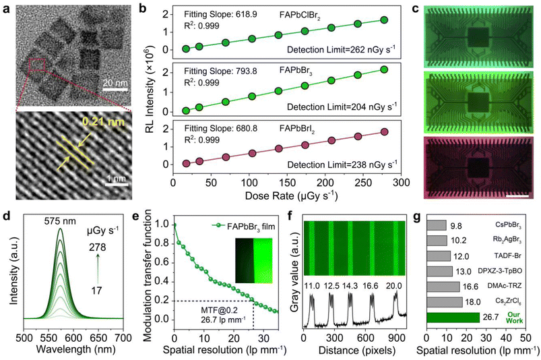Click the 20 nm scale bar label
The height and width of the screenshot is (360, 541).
115,83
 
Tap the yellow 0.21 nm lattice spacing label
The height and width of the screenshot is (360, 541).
104,122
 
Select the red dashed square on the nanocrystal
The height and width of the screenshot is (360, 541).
37,65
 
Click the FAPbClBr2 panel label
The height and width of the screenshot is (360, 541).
300,16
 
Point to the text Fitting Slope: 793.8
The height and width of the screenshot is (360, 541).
220,71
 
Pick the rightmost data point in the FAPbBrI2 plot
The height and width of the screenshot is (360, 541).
384,132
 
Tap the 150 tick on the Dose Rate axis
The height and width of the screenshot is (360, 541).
287,182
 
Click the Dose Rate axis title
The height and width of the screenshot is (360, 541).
291,196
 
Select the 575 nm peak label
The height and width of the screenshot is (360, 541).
61,220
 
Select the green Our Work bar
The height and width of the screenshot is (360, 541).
453,318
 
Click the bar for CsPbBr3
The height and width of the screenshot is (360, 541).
437,225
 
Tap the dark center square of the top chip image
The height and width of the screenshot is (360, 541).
478,37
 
